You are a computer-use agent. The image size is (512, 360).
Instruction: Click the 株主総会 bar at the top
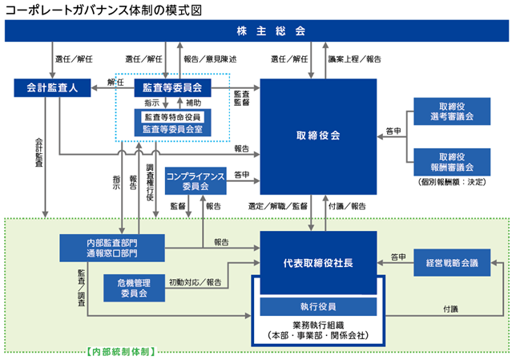coord(256,30)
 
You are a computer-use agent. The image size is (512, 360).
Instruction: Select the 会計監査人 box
coord(52,87)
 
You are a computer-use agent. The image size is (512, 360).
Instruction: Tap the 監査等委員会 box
coord(172,87)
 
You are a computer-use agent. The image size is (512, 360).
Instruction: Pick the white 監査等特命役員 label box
coord(172,117)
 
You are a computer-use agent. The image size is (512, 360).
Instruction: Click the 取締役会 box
coord(318,136)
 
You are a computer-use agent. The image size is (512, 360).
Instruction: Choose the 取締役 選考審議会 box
coord(452,111)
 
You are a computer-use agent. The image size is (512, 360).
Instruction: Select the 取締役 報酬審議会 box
coord(452,162)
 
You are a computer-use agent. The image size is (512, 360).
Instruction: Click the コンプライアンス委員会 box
coord(196,180)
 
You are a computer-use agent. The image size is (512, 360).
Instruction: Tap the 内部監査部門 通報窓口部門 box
coord(112,248)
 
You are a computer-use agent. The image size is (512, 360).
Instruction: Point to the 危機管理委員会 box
coord(134,288)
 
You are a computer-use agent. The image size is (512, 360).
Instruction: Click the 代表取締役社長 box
coord(318,263)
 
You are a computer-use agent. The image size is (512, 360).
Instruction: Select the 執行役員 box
coord(318,306)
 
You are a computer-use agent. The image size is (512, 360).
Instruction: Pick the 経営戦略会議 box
coord(452,263)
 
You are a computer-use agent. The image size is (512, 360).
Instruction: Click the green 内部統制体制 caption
coord(121,351)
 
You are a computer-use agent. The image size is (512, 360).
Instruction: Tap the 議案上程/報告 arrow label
coord(355,59)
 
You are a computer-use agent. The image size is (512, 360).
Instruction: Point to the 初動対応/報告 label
coord(196,282)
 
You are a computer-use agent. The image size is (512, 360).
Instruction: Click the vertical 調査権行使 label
coord(150,182)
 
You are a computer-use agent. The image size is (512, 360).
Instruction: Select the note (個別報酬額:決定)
coord(452,182)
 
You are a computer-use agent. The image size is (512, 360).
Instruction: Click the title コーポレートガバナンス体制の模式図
coord(103,10)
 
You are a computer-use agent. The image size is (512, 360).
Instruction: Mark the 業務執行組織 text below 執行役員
coord(318,325)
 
